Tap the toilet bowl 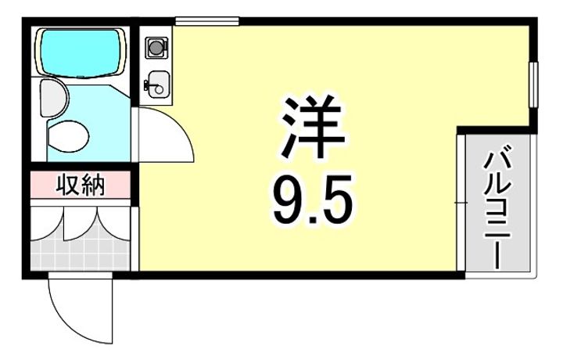click(68, 136)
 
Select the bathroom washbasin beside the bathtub click(53, 98)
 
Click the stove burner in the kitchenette click(156, 47)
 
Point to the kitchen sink click(157, 85)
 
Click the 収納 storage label click(81, 185)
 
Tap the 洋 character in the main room click(313, 128)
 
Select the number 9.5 click(313, 199)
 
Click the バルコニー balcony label click(497, 210)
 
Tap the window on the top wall click(207, 21)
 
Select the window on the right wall click(533, 85)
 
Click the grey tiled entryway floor click(80, 254)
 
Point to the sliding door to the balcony click(461, 203)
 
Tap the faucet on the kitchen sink click(148, 85)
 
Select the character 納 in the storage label click(93, 185)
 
